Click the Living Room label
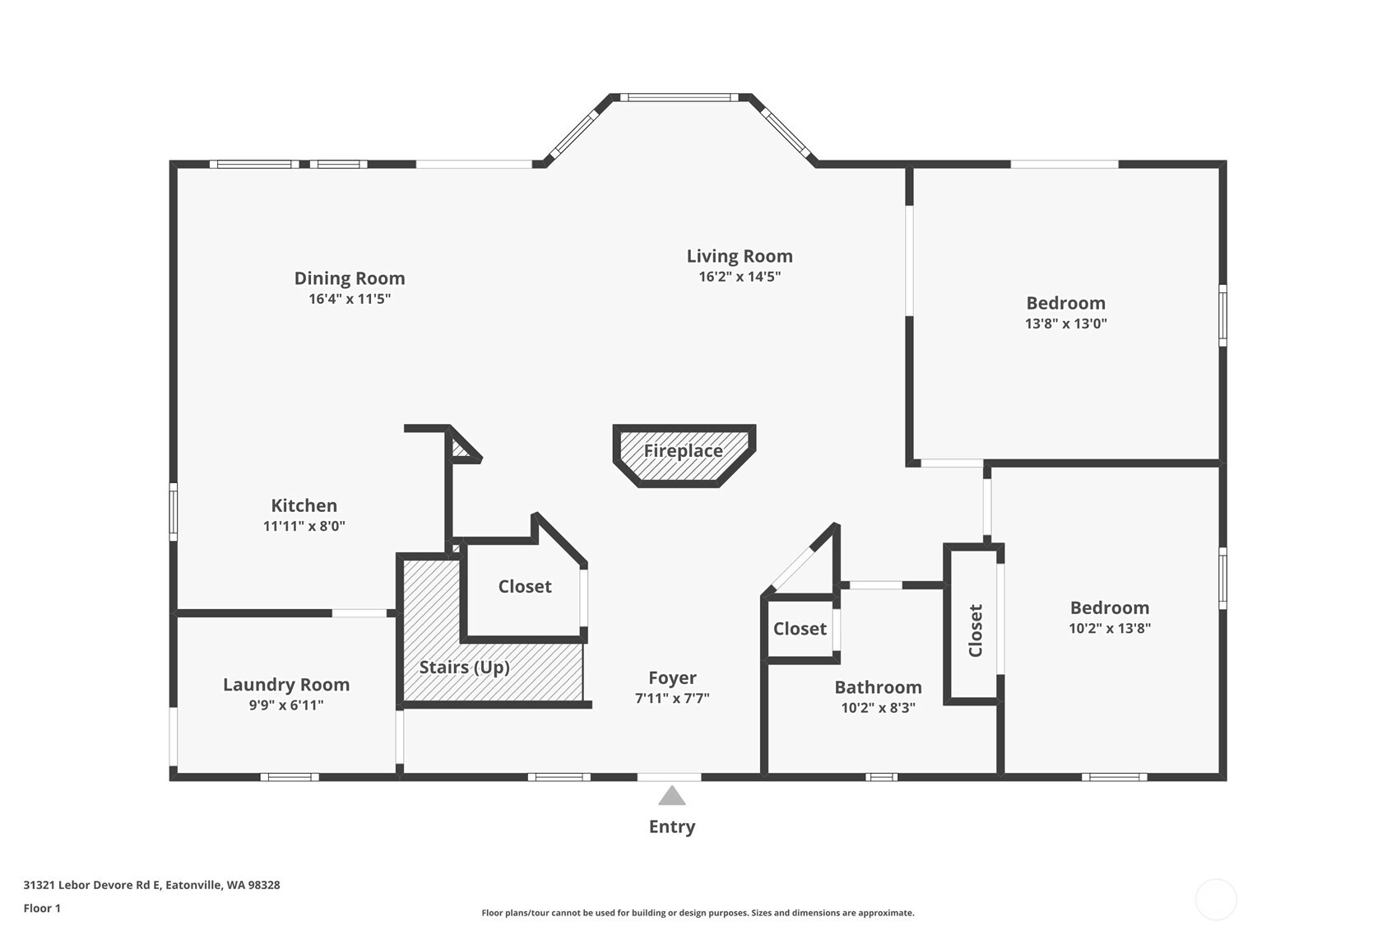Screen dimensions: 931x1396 click(740, 256)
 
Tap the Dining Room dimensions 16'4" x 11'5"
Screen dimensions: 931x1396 click(350, 299)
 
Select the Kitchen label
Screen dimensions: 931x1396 click(304, 505)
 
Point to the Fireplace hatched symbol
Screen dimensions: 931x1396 click(684, 455)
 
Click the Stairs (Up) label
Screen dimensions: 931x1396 click(465, 667)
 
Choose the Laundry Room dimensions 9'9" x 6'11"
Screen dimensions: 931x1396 click(286, 705)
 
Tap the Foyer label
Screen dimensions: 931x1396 click(672, 677)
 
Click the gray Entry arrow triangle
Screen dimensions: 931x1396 click(672, 796)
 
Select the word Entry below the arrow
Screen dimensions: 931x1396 click(672, 826)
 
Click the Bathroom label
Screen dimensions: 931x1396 click(878, 687)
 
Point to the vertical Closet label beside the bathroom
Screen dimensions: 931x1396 click(976, 631)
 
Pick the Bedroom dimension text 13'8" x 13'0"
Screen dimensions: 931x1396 click(1065, 324)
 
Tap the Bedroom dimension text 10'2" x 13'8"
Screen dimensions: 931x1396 click(1109, 628)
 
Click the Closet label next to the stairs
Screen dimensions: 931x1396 click(525, 586)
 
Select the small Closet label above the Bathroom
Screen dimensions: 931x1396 click(800, 629)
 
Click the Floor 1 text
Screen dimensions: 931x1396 click(42, 908)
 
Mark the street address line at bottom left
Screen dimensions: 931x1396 click(151, 885)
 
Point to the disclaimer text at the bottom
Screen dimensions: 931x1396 click(698, 912)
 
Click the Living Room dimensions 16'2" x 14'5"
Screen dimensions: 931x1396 click(740, 277)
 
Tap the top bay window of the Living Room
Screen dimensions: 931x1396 click(679, 98)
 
